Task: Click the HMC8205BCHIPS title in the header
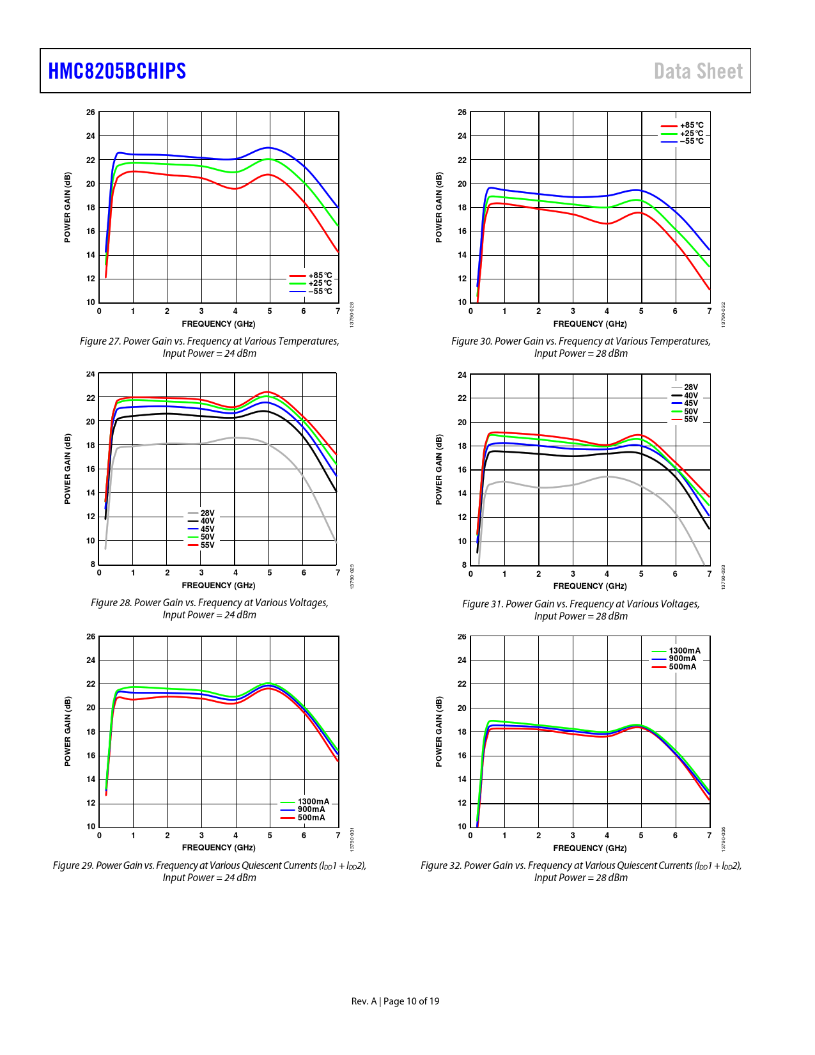click(117, 71)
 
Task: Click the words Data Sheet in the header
click(698, 71)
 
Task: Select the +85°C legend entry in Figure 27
click(320, 276)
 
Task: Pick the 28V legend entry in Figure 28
click(207, 513)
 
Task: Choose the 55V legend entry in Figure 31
click(690, 419)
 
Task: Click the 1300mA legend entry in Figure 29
click(313, 802)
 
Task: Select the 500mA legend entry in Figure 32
click(682, 667)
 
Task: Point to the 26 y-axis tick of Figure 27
click(91, 113)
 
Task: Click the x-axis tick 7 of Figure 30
click(709, 311)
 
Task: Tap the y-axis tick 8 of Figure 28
click(93, 565)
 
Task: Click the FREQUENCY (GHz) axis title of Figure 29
click(219, 848)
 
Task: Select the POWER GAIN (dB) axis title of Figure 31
click(439, 469)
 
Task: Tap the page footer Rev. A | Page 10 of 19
click(395, 1001)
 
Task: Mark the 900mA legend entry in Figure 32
click(682, 659)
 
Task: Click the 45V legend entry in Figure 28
click(207, 529)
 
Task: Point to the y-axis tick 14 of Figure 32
click(462, 779)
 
